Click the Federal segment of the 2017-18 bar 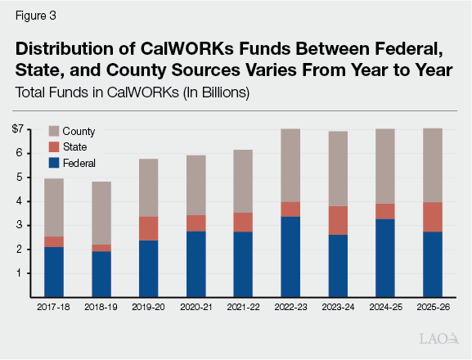[x=54, y=272]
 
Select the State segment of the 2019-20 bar [x=149, y=228]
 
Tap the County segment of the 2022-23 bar [x=290, y=165]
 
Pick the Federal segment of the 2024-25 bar [x=385, y=258]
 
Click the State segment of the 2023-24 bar [x=338, y=220]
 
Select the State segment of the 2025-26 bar [x=433, y=217]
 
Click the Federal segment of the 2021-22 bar [x=243, y=264]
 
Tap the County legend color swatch [x=54, y=131]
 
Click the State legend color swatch [x=54, y=146]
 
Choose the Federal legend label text [x=81, y=162]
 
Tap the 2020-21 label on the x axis [x=196, y=308]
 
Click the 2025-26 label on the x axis [x=433, y=308]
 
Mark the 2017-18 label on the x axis [x=54, y=308]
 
